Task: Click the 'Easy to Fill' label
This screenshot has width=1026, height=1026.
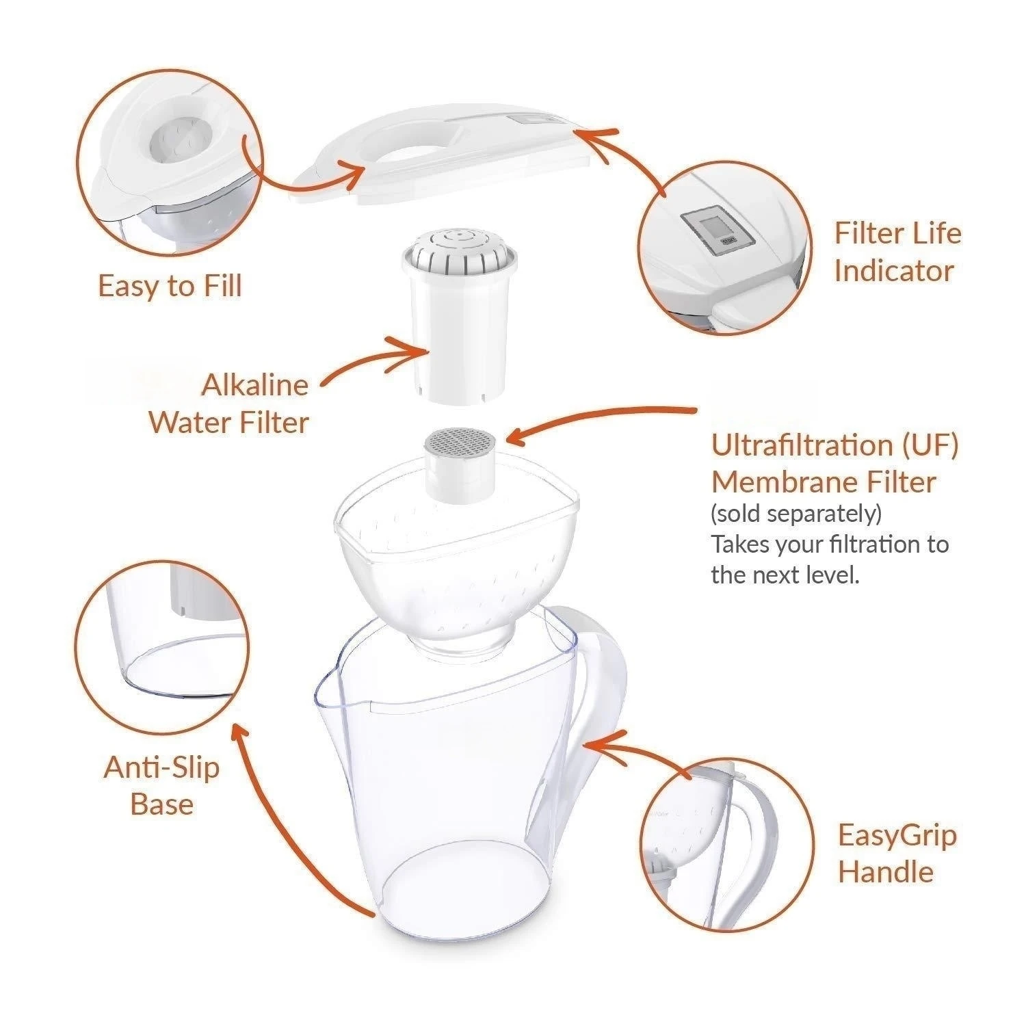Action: click(x=170, y=285)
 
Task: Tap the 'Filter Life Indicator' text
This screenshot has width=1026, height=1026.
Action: click(x=897, y=252)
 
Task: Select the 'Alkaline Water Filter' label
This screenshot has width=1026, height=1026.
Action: click(x=229, y=404)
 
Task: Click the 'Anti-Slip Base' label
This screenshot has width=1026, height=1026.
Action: click(x=162, y=785)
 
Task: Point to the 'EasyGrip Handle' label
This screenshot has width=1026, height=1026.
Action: click(x=897, y=853)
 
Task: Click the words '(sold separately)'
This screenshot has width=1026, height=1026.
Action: click(x=795, y=513)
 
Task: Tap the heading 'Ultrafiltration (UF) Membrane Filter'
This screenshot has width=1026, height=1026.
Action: click(x=834, y=463)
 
